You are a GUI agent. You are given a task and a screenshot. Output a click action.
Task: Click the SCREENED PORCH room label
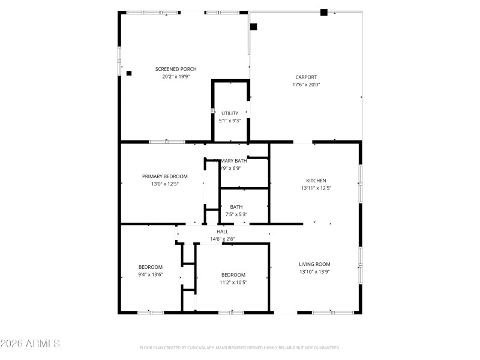[x=176, y=69]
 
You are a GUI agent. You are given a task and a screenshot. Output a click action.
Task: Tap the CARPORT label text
[x=306, y=77]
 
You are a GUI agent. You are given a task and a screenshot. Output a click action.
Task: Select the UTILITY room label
[x=230, y=113]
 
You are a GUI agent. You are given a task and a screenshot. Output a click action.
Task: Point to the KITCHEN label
[x=316, y=181]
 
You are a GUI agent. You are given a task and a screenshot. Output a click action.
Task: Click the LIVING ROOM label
[x=314, y=264]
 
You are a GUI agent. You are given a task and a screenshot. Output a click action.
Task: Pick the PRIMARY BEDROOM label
[x=165, y=176]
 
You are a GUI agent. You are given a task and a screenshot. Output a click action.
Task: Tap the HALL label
[x=223, y=231]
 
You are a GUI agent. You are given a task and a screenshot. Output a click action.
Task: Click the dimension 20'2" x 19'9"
[x=176, y=77]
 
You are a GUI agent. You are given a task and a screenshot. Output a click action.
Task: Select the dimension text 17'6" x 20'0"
[x=306, y=85]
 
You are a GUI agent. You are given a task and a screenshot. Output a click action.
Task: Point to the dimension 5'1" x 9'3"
[x=230, y=121]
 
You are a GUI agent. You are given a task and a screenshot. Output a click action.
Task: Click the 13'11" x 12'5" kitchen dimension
[x=316, y=188]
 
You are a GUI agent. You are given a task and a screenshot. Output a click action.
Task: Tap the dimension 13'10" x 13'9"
[x=314, y=272]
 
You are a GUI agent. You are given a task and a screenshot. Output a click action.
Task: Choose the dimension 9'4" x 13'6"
[x=151, y=275]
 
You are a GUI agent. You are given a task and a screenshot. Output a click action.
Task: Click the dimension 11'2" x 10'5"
[x=233, y=283]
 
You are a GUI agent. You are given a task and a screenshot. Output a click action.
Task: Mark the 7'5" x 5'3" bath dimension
[x=236, y=214]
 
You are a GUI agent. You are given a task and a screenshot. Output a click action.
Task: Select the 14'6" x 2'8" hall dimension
[x=222, y=239]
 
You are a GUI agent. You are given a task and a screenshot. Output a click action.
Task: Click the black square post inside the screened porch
[x=129, y=73]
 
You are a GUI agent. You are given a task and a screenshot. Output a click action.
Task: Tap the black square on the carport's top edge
[x=324, y=12]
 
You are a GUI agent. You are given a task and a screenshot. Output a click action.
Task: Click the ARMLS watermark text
[x=30, y=344]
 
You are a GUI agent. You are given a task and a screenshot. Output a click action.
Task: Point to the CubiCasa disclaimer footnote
[x=240, y=348]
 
